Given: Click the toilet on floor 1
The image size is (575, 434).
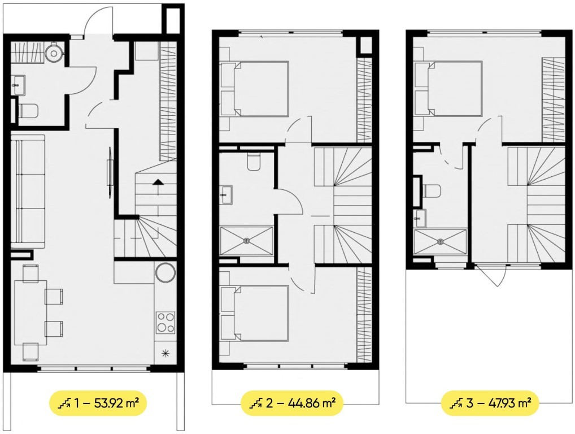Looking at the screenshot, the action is pyautogui.click(x=28, y=111).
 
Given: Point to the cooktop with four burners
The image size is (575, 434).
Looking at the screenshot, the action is pyautogui.click(x=165, y=322).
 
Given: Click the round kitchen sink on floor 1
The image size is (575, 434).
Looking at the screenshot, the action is pyautogui.click(x=165, y=272).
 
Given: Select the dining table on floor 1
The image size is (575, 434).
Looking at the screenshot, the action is pyautogui.click(x=31, y=312).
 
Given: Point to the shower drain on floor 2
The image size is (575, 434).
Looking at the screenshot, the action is pyautogui.click(x=246, y=241).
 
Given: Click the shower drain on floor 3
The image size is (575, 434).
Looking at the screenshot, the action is pyautogui.click(x=440, y=241).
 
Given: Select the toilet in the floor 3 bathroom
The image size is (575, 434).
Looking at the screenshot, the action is pyautogui.click(x=432, y=191).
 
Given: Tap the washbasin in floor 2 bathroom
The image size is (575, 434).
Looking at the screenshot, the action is pyautogui.click(x=226, y=195).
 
